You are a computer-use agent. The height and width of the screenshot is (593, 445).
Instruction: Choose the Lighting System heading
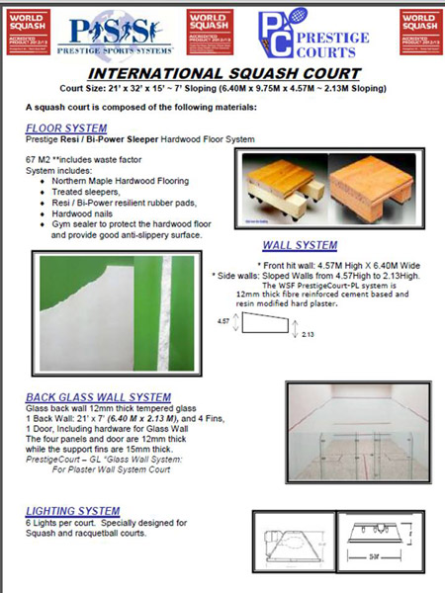point(71,510)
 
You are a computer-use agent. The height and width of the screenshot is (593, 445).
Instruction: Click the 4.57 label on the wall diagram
point(226,322)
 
